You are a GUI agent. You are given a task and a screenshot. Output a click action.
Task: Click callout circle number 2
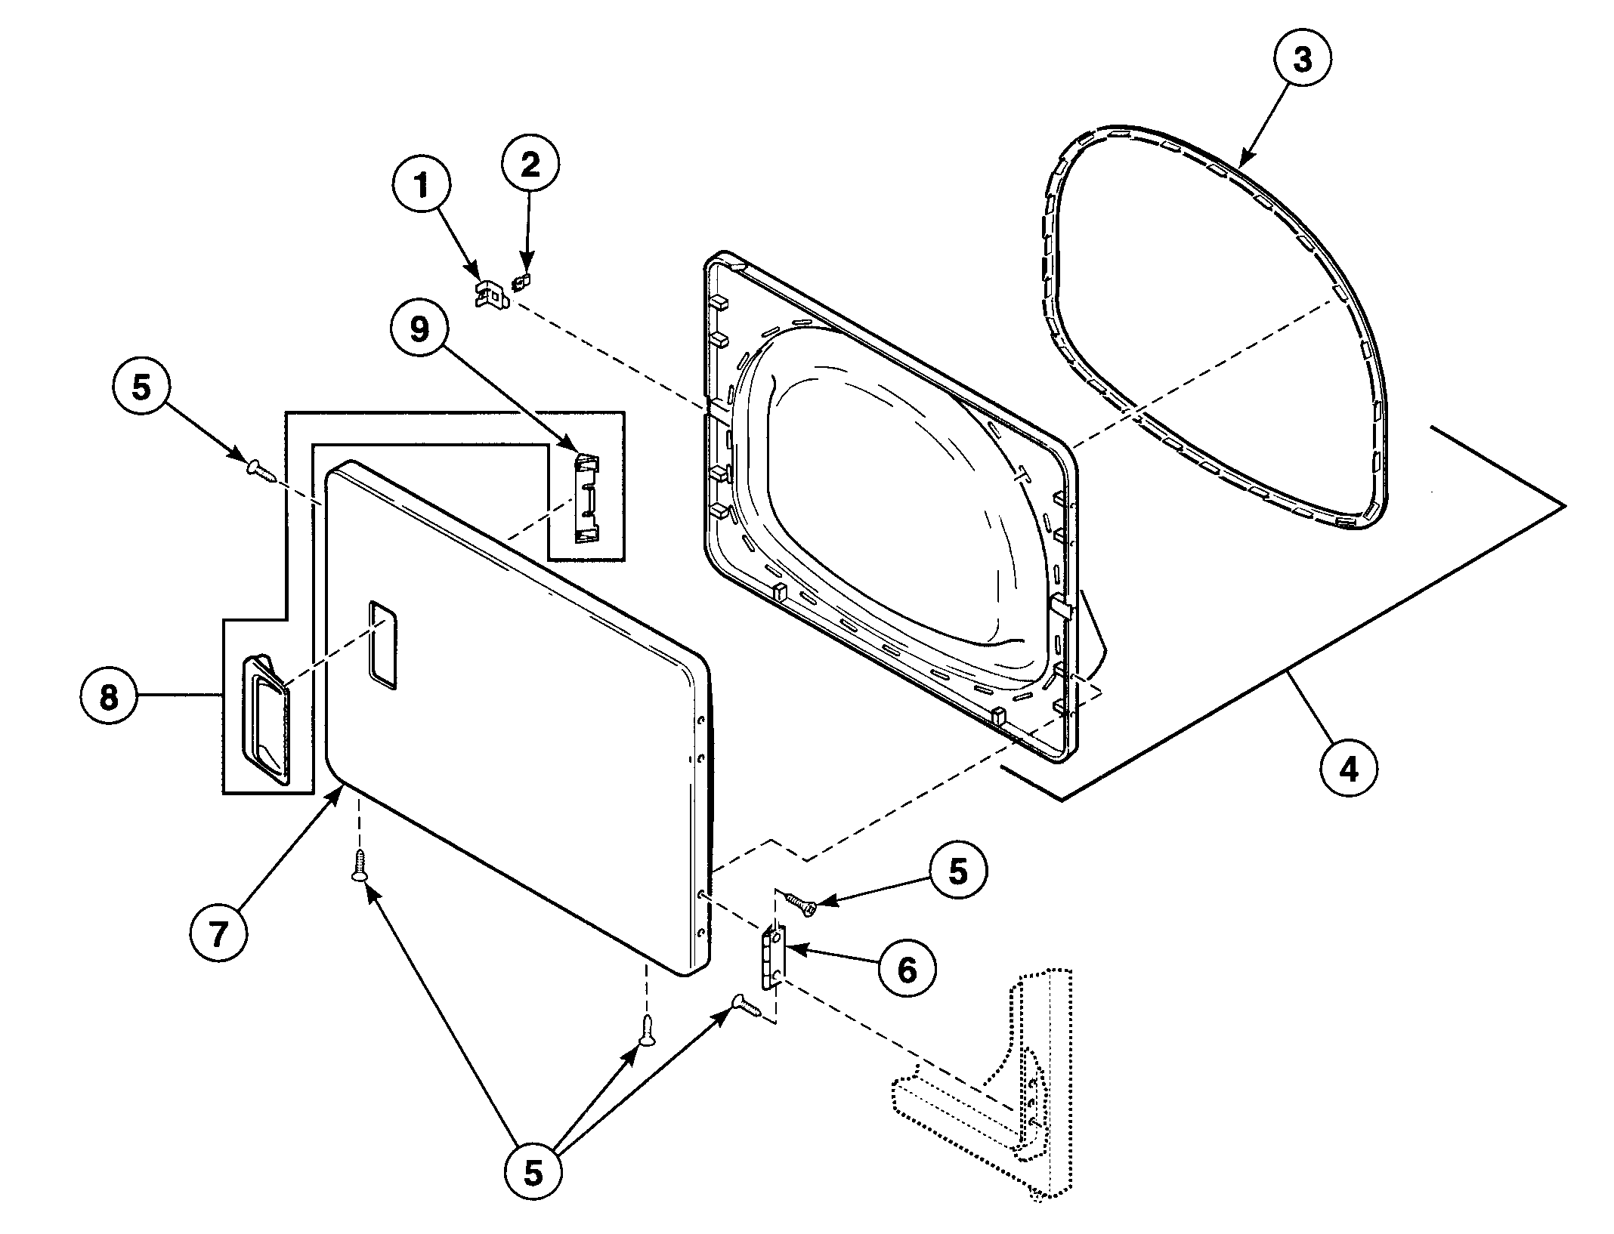tap(530, 165)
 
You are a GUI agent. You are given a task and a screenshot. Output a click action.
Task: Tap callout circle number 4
tap(1349, 769)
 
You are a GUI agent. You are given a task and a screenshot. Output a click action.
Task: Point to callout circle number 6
tap(906, 969)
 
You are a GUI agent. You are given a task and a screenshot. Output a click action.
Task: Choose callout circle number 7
tap(218, 935)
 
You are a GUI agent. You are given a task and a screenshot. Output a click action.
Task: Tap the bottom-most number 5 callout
tap(533, 1174)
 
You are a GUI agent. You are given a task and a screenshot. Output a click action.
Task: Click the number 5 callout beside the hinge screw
tap(957, 872)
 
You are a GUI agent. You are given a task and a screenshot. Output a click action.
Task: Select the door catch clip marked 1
tap(490, 295)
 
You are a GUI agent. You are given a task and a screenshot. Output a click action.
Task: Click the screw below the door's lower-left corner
tap(360, 865)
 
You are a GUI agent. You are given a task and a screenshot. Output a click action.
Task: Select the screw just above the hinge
tap(799, 904)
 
